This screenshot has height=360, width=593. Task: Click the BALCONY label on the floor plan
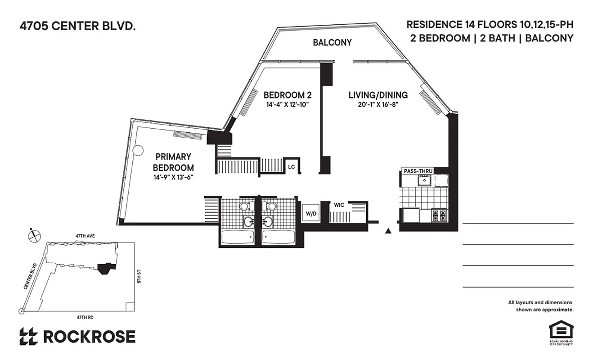332,43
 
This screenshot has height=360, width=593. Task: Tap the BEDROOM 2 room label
288,95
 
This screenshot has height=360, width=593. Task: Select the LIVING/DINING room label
378,95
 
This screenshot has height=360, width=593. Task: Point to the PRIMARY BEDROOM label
174,162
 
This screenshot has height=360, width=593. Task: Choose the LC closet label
291,166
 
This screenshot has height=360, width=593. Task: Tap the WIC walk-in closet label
339,205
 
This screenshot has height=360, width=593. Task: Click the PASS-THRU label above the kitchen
418,171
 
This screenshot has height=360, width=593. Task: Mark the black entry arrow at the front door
388,231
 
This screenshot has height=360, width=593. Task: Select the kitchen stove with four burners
439,215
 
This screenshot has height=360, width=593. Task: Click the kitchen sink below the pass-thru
423,180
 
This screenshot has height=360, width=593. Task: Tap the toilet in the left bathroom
244,206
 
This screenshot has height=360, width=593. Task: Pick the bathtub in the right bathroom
278,237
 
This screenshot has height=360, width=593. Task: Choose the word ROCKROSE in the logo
89,336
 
